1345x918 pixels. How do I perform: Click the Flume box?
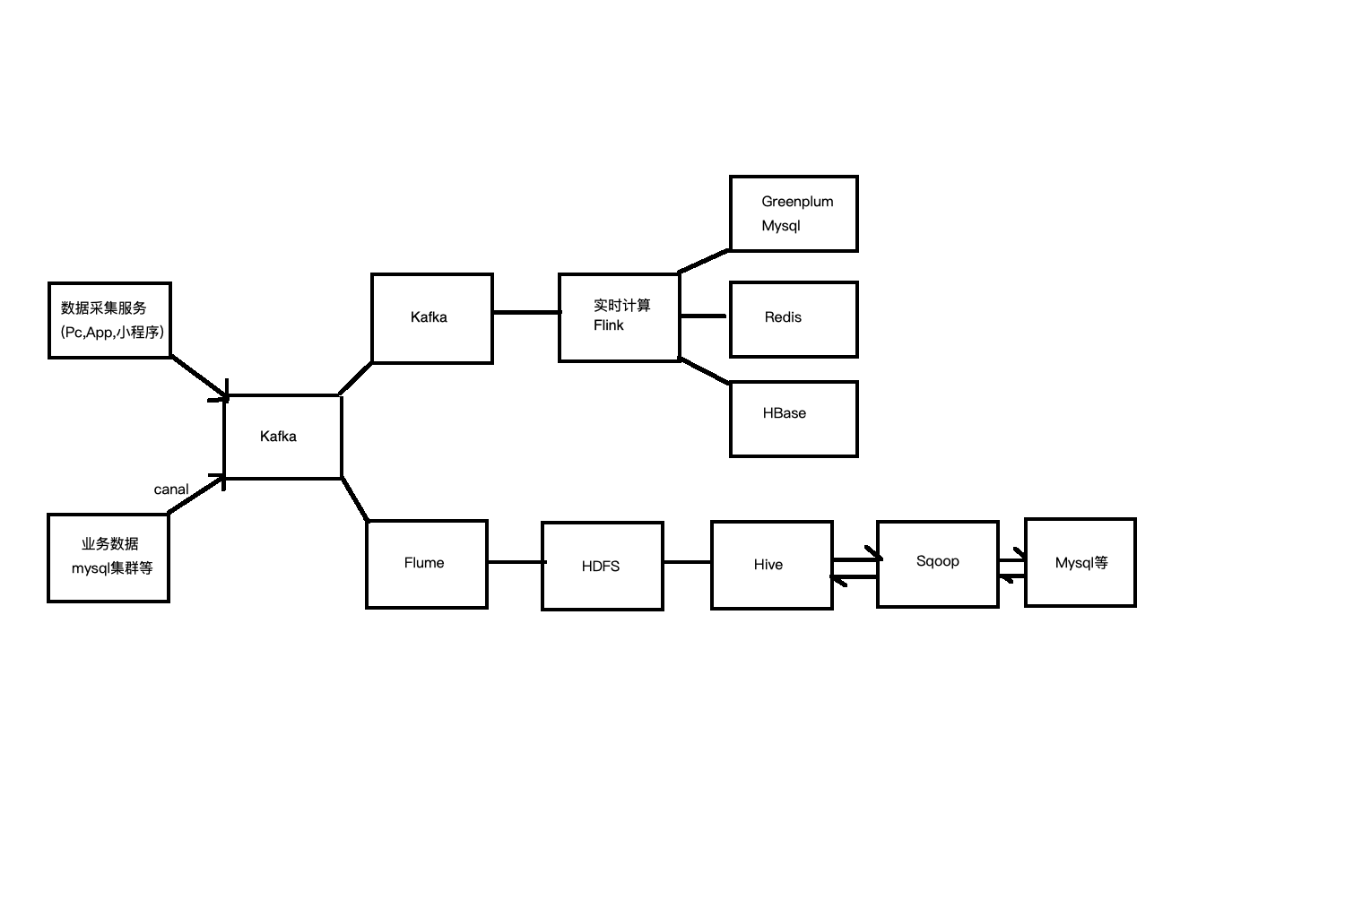(x=427, y=564)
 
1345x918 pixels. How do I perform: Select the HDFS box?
(x=603, y=566)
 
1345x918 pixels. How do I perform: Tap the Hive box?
(x=771, y=565)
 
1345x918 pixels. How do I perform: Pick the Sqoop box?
(x=937, y=562)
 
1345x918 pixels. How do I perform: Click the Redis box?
(x=794, y=319)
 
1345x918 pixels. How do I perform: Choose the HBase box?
(x=794, y=419)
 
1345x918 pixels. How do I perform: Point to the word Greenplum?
(x=797, y=202)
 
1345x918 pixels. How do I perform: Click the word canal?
(x=171, y=489)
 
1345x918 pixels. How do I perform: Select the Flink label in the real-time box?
(x=608, y=325)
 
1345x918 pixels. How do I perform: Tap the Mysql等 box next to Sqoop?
(x=1080, y=563)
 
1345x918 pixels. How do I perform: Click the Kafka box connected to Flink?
(x=431, y=318)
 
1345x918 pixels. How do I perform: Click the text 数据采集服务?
(x=103, y=308)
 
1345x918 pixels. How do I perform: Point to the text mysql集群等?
(x=112, y=568)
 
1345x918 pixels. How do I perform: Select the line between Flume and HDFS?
(x=515, y=562)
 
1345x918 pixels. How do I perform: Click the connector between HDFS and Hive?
(x=687, y=562)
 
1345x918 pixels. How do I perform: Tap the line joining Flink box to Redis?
(x=704, y=316)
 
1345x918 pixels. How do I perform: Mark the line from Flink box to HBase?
(x=706, y=371)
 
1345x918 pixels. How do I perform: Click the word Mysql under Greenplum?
(x=780, y=226)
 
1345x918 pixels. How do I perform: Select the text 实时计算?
(x=621, y=306)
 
